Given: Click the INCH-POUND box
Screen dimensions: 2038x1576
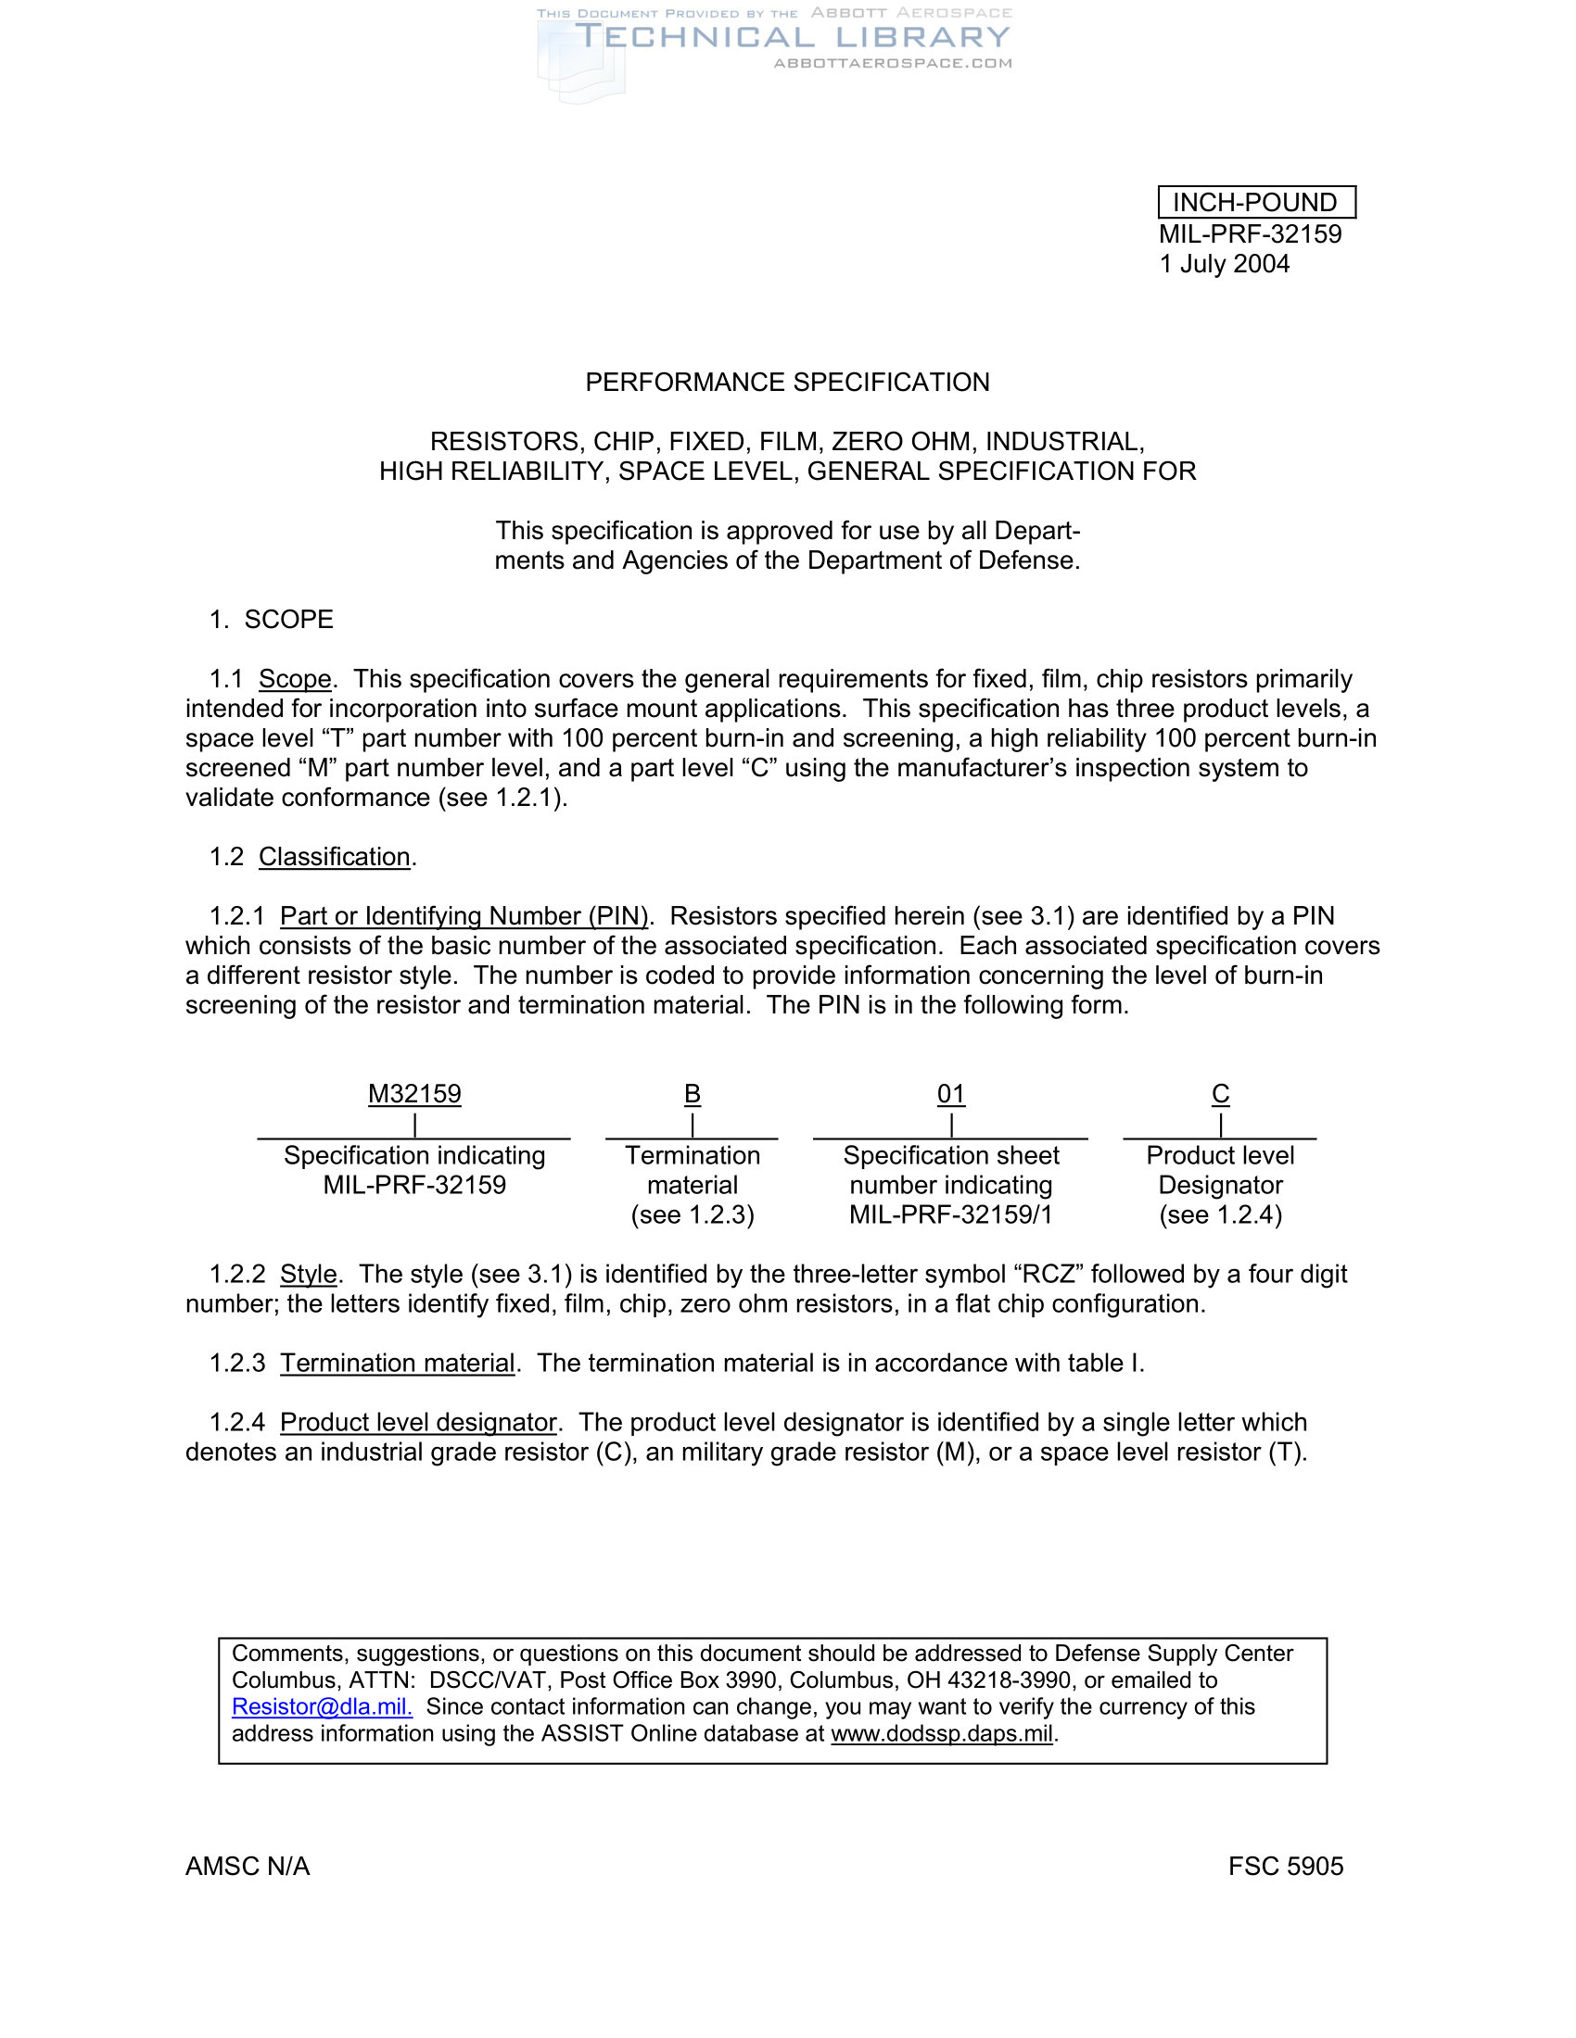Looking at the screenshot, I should click(1256, 203).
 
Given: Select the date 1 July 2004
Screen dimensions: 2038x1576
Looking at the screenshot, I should click(1224, 264).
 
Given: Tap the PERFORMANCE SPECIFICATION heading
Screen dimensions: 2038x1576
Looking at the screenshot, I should click(787, 383).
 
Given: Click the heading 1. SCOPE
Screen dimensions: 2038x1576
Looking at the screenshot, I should click(272, 620).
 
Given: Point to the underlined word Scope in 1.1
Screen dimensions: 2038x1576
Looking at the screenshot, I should click(295, 679).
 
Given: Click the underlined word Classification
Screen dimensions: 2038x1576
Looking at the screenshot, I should click(335, 857).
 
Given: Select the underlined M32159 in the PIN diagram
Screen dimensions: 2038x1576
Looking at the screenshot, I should click(414, 1094).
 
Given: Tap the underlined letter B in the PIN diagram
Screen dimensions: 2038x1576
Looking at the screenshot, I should click(692, 1094).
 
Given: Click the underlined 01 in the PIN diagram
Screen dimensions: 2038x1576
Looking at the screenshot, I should click(950, 1094).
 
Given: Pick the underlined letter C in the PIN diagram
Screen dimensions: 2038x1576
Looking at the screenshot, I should click(1220, 1094).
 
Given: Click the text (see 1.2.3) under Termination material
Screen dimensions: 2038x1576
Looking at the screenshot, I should click(692, 1215).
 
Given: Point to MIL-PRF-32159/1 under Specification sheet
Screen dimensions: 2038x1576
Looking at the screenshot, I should click(950, 1215).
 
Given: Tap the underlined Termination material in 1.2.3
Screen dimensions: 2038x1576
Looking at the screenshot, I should click(398, 1364).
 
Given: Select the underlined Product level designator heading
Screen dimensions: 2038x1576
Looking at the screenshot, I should click(418, 1422).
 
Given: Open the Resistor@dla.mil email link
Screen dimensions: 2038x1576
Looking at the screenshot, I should click(321, 1706).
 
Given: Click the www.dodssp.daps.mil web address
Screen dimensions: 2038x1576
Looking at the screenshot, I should click(941, 1734).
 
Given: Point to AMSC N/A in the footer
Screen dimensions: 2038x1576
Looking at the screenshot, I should click(248, 1867).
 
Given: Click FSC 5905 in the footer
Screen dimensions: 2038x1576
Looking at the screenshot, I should click(1286, 1867).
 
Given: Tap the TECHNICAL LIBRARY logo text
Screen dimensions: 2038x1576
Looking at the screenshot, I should click(792, 38).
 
